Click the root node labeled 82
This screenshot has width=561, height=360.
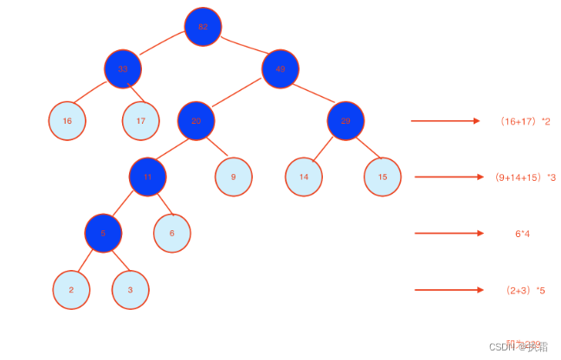pyautogui.click(x=203, y=27)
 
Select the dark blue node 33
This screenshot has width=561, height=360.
pyautogui.click(x=123, y=68)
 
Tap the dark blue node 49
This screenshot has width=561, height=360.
pyautogui.click(x=280, y=68)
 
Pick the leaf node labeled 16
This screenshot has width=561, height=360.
pyautogui.click(x=67, y=121)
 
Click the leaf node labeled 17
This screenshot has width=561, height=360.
pyautogui.click(x=140, y=121)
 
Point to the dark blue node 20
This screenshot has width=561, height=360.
pyautogui.click(x=196, y=120)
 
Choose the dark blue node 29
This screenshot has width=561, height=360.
pyautogui.click(x=345, y=120)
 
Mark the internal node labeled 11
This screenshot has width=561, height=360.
pyautogui.click(x=147, y=177)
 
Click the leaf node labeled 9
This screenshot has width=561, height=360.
pyautogui.click(x=234, y=177)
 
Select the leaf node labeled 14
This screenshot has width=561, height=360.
pyautogui.click(x=304, y=177)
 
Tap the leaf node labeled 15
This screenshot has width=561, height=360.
pyautogui.click(x=383, y=177)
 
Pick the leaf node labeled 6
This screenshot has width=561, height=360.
pyautogui.click(x=171, y=233)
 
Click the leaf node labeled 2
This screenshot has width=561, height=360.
pyautogui.click(x=71, y=290)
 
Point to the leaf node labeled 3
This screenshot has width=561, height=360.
pyautogui.click(x=130, y=290)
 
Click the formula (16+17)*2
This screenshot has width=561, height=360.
pyautogui.click(x=526, y=121)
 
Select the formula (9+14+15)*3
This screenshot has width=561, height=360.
pyautogui.click(x=526, y=177)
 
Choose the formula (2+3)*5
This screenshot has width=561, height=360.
pyautogui.click(x=526, y=290)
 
